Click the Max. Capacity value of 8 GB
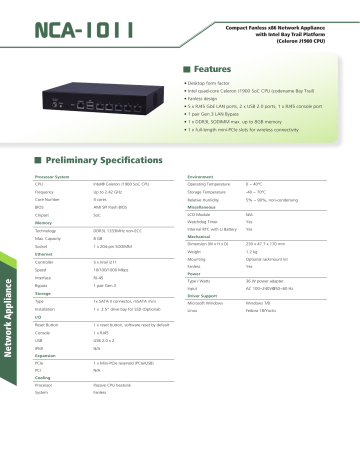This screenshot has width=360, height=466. [x=98, y=239]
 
